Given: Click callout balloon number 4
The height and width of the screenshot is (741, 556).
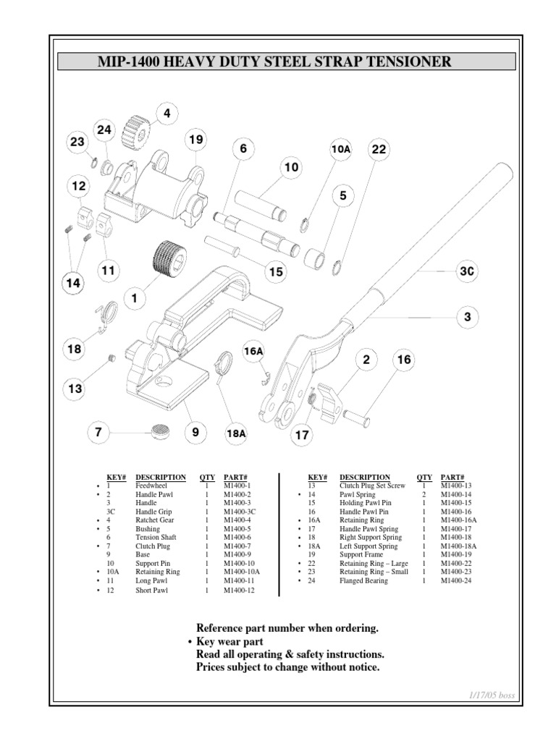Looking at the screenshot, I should (x=167, y=113).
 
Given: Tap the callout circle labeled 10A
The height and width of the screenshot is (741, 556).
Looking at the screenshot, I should (x=340, y=149).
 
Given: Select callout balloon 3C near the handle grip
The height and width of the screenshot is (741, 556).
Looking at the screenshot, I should (x=467, y=271).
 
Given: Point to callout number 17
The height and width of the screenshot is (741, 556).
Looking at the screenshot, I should (x=301, y=436).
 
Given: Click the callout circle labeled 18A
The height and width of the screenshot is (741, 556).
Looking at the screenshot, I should (x=237, y=433).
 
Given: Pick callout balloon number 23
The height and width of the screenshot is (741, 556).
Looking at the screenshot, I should (x=77, y=143).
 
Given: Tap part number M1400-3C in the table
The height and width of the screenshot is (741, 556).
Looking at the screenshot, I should (x=240, y=511).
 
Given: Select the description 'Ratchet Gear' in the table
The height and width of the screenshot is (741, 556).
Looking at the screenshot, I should (x=153, y=520).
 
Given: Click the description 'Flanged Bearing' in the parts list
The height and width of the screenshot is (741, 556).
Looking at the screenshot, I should (x=363, y=580).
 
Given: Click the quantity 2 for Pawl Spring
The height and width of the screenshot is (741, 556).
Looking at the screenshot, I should (x=423, y=494).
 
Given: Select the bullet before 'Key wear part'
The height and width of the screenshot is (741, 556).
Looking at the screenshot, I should (x=189, y=642).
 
